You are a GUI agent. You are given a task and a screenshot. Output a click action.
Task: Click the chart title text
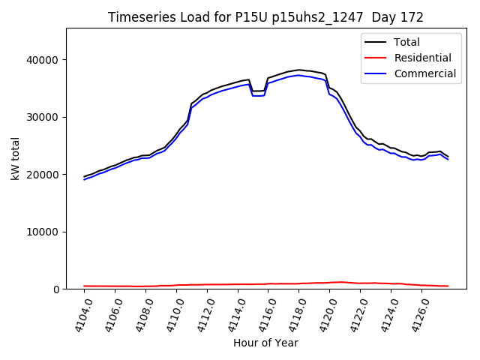pyautogui.click(x=265, y=17)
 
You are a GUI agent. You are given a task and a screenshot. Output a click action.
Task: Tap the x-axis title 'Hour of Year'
pyautogui.click(x=265, y=343)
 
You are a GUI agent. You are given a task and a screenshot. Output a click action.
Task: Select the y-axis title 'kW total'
pyautogui.click(x=15, y=158)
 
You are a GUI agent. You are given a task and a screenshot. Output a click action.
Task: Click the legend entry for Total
pyautogui.click(x=408, y=43)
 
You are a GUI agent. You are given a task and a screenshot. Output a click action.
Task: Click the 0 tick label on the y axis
pyautogui.click(x=56, y=289)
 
